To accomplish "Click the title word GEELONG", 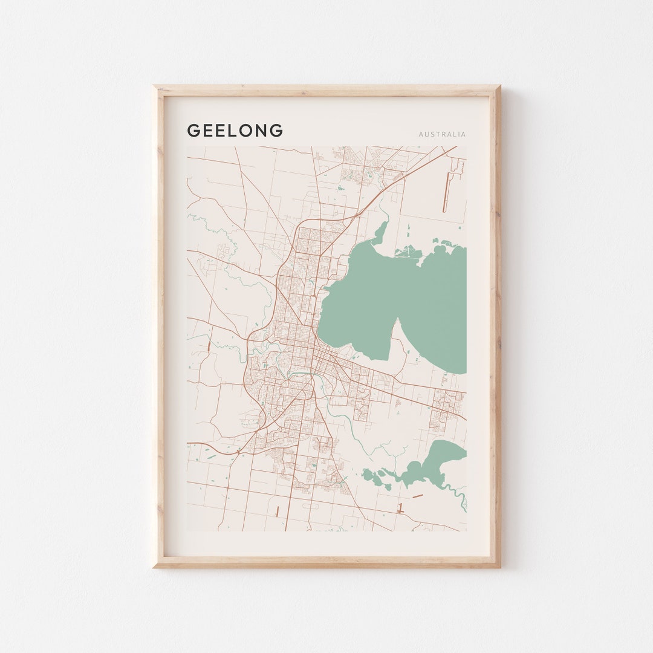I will [235, 131].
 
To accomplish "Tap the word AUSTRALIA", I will [442, 134].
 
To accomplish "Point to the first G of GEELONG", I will [193, 131].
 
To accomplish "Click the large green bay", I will [393, 302].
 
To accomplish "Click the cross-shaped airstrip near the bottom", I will [400, 508].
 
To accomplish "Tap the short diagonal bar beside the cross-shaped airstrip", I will [418, 496].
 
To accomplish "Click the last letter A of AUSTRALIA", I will [464, 134].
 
